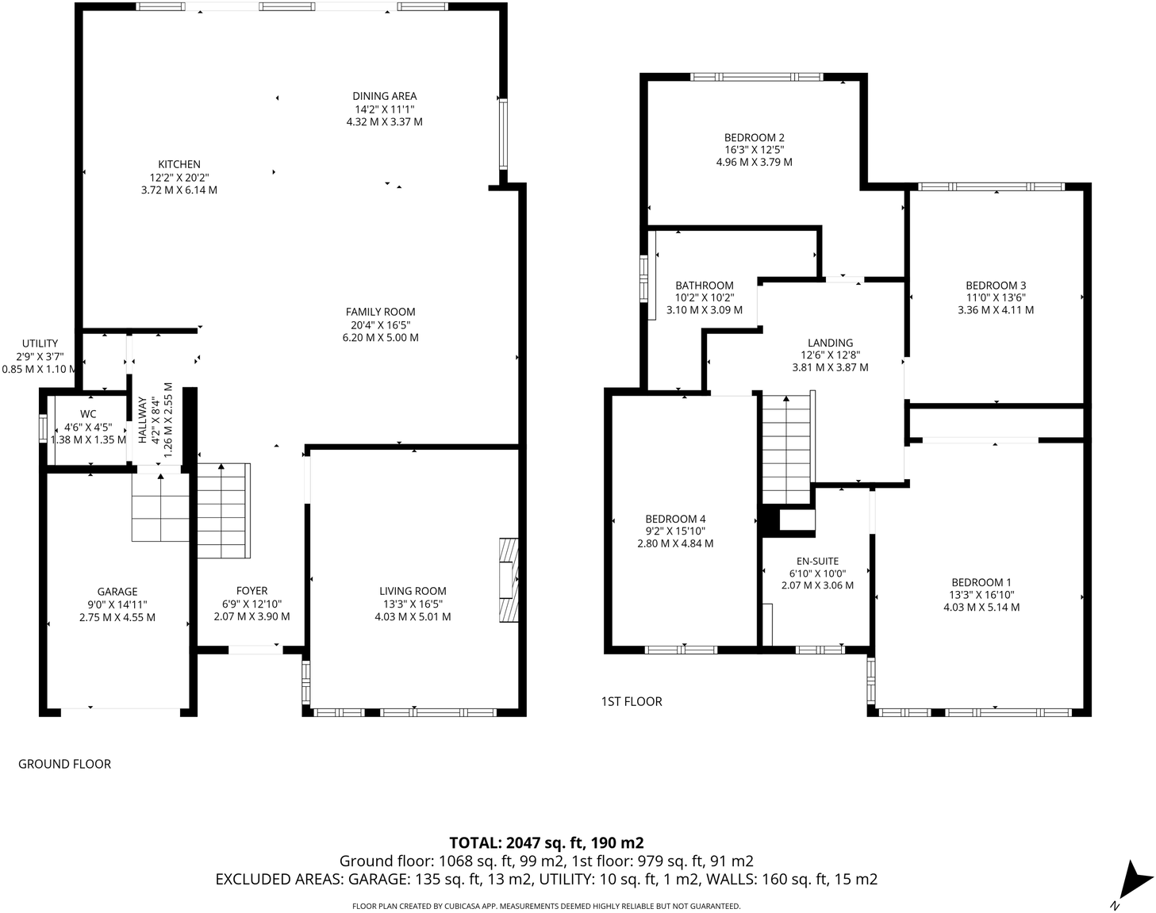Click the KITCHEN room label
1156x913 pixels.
click(x=179, y=164)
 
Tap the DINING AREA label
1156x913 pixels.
click(x=384, y=96)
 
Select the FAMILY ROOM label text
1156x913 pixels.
click(x=380, y=312)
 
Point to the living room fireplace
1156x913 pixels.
click(x=509, y=580)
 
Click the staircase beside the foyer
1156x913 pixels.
click(x=224, y=511)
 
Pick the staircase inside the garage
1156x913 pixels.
click(x=160, y=507)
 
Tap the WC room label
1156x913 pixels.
click(x=88, y=414)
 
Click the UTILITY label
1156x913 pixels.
click(x=40, y=343)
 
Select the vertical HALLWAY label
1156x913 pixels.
click(x=142, y=420)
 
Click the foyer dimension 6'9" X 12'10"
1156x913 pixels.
click(x=252, y=604)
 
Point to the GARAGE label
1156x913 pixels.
click(x=117, y=592)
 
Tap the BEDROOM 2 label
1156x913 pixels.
click(x=755, y=137)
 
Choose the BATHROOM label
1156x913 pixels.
click(x=705, y=286)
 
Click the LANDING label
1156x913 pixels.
click(x=830, y=343)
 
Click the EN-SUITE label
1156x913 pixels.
click(x=817, y=562)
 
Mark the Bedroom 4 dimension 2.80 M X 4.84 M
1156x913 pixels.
click(x=675, y=543)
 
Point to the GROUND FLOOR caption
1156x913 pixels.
click(x=64, y=764)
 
